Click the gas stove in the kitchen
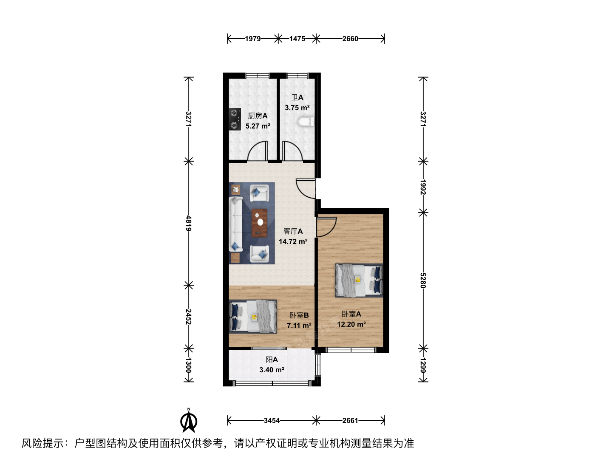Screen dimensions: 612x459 tap(235, 119)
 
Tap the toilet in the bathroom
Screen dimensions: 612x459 tap(306, 122)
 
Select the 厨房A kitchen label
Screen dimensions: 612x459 tap(258, 116)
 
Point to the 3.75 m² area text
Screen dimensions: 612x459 tap(297, 108)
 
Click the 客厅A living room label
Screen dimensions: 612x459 tap(293, 231)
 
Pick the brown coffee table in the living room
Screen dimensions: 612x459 tap(259, 223)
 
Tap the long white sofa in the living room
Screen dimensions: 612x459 tap(235, 224)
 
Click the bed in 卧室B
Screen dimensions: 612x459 tap(253, 316)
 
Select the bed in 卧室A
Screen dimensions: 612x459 tap(359, 280)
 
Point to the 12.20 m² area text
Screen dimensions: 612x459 tap(351, 324)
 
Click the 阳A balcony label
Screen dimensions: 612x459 tap(272, 360)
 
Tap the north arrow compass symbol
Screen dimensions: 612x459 tap(189, 421)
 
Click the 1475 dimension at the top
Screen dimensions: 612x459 tap(297, 39)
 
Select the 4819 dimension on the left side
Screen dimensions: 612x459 tap(188, 223)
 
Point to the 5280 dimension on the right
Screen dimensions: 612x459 tap(423, 280)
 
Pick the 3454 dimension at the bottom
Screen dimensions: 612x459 tap(272, 420)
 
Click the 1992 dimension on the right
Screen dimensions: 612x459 tap(423, 187)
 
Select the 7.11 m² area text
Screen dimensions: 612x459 tap(299, 326)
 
